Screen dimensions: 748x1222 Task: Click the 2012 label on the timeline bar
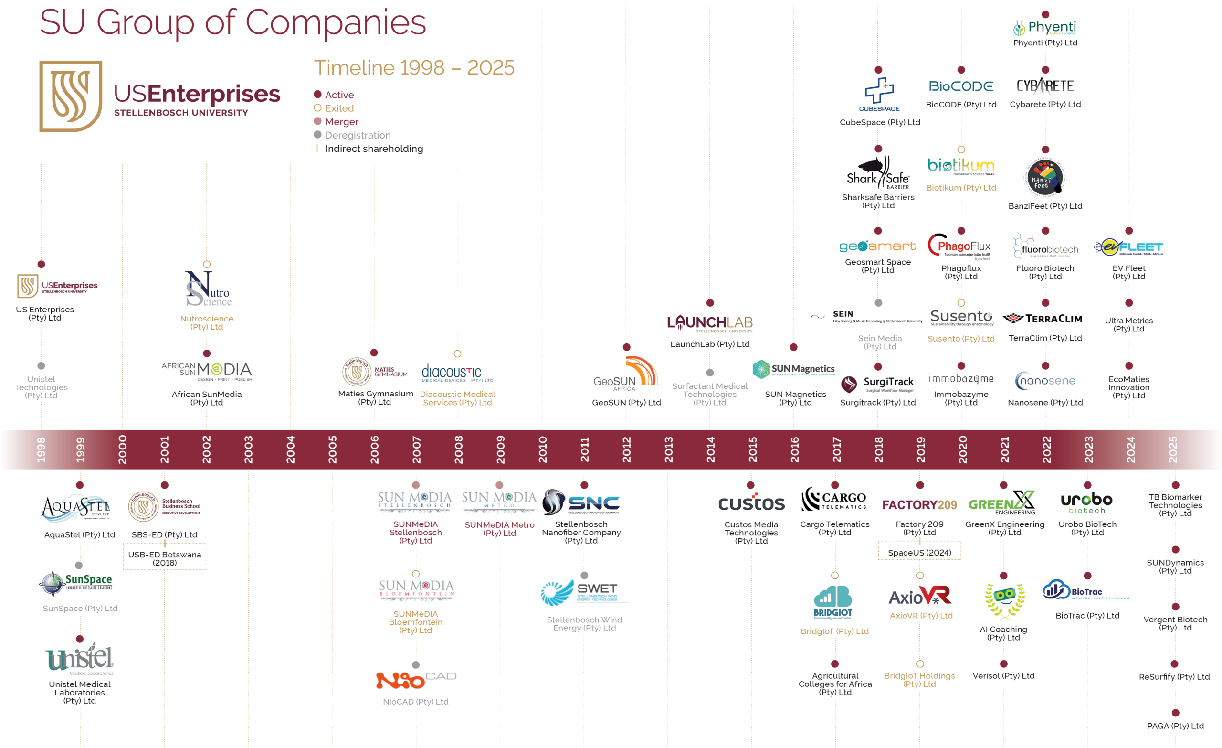click(626, 449)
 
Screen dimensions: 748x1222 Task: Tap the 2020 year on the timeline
click(962, 449)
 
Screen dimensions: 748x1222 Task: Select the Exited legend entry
click(339, 108)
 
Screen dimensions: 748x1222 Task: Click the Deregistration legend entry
click(358, 135)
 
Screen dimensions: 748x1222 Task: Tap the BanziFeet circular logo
click(1045, 178)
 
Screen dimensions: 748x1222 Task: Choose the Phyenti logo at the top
click(1045, 28)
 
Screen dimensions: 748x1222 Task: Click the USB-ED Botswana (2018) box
click(165, 558)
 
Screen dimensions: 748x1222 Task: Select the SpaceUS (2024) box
click(919, 553)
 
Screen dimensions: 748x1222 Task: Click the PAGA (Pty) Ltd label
click(1175, 726)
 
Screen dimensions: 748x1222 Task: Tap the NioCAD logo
click(416, 680)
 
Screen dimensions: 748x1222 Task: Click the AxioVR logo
click(920, 596)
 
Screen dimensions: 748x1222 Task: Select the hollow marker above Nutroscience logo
click(207, 265)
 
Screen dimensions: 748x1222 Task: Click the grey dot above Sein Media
click(878, 303)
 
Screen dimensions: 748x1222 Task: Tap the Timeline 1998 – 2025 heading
click(414, 67)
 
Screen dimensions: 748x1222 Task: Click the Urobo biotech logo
click(1086, 503)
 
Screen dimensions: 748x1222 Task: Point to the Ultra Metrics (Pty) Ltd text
click(1129, 325)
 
